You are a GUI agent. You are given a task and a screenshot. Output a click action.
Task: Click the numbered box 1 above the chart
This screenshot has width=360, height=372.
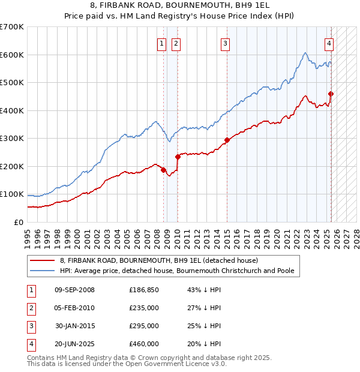(x=162, y=43)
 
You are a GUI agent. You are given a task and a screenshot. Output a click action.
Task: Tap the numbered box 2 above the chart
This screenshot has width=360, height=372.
(x=176, y=43)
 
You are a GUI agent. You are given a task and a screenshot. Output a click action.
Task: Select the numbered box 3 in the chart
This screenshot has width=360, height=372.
(x=225, y=43)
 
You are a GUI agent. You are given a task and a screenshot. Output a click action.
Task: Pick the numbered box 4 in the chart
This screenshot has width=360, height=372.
(x=329, y=43)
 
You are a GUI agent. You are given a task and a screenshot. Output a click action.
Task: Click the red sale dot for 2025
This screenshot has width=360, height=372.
(x=331, y=94)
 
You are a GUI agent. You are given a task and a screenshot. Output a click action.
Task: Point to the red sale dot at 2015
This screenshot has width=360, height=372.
(x=227, y=140)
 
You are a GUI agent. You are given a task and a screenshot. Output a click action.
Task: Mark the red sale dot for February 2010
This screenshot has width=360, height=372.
(x=178, y=157)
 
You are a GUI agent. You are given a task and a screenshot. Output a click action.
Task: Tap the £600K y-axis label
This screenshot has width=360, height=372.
(x=12, y=55)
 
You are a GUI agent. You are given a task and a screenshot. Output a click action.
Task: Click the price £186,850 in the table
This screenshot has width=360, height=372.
(x=143, y=290)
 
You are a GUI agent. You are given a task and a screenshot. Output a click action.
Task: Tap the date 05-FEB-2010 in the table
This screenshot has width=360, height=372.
(x=74, y=308)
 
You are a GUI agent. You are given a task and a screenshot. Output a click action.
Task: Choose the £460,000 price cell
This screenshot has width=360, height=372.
(x=143, y=344)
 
